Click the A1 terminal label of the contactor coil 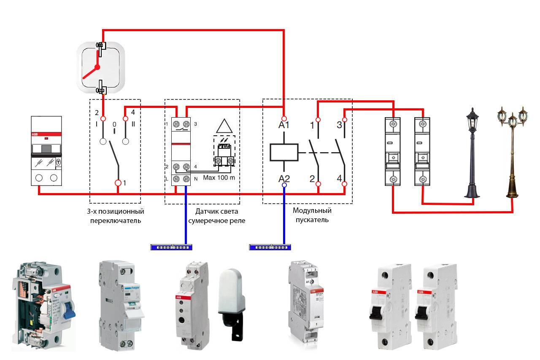pyautogui.click(x=284, y=125)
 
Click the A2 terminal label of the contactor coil pyautogui.click(x=284, y=178)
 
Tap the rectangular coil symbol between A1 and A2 pyautogui.click(x=284, y=152)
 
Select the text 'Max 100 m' pyautogui.click(x=219, y=177)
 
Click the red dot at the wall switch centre pyautogui.click(x=97, y=67)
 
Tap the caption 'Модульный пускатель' pyautogui.click(x=312, y=215)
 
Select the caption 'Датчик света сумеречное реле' pyautogui.click(x=217, y=216)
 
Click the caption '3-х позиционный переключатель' pyautogui.click(x=115, y=215)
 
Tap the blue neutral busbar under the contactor pyautogui.click(x=269, y=247)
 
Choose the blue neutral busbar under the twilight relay pyautogui.click(x=171, y=247)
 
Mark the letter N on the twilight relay pyautogui.click(x=195, y=179)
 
